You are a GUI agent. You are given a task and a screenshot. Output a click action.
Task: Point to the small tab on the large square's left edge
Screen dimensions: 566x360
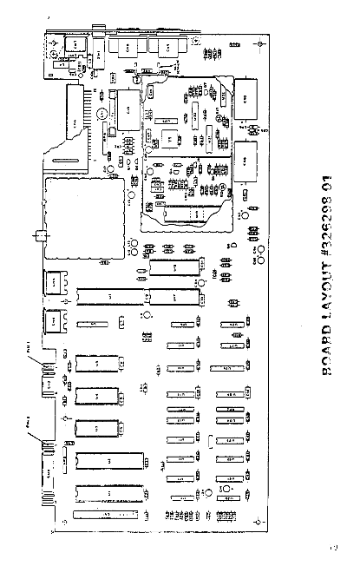tap(38, 234)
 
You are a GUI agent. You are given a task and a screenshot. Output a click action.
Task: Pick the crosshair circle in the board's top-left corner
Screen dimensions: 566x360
tap(56, 42)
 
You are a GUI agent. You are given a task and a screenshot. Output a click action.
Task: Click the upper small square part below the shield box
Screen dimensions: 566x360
tap(55, 282)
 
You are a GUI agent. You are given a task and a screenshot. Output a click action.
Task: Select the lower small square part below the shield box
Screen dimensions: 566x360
tap(55, 319)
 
